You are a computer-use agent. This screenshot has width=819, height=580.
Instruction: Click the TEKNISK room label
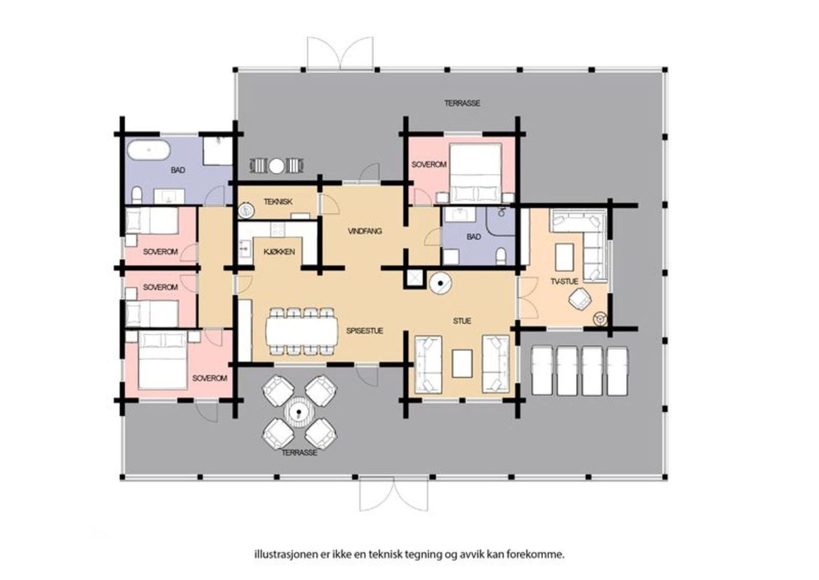278,202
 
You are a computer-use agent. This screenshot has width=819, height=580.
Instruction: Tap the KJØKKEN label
279,252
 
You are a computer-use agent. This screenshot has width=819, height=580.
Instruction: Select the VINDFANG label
365,231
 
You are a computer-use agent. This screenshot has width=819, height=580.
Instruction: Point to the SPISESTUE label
364,331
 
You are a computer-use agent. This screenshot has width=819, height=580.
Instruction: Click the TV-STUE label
565,281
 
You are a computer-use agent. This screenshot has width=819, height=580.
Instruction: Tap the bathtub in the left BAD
148,150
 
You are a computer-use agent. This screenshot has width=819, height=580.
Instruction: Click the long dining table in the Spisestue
302,332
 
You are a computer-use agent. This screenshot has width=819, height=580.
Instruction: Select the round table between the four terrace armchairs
299,413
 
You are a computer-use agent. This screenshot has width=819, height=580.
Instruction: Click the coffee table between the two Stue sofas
462,363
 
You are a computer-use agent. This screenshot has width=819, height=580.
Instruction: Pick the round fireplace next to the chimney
441,283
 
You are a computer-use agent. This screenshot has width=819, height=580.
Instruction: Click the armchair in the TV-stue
580,298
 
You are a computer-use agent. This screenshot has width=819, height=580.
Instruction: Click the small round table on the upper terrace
276,166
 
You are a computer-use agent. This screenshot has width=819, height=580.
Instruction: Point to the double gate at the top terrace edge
340,53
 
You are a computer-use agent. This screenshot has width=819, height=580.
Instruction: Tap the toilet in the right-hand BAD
501,256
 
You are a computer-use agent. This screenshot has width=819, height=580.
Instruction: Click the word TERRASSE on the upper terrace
462,103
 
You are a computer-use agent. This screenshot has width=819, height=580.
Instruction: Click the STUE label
462,321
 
